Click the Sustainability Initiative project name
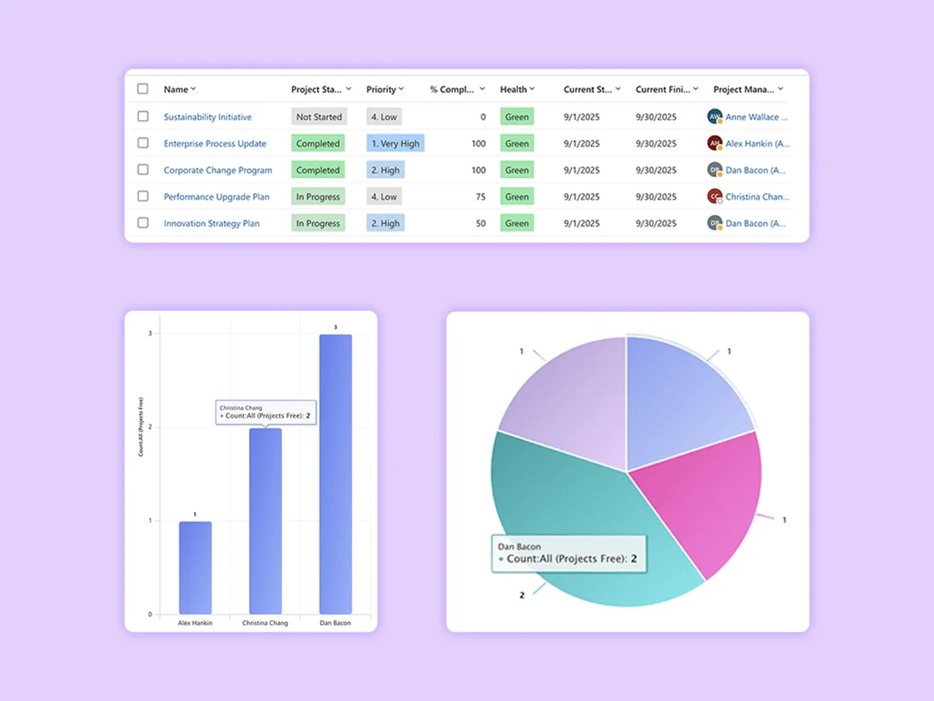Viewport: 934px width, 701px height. pyautogui.click(x=207, y=117)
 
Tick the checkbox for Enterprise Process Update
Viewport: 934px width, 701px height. pyautogui.click(x=142, y=143)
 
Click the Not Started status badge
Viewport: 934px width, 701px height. pyautogui.click(x=319, y=117)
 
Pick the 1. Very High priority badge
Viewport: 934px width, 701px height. pyautogui.click(x=395, y=143)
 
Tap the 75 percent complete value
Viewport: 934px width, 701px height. pyautogui.click(x=480, y=197)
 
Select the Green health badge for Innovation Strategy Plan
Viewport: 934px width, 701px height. pyautogui.click(x=516, y=223)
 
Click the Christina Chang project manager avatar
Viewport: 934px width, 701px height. pyautogui.click(x=715, y=196)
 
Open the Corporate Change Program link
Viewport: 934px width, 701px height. pyautogui.click(x=217, y=170)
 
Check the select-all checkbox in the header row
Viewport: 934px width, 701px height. pyautogui.click(x=142, y=89)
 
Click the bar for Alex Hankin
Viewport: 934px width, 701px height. pyautogui.click(x=195, y=567)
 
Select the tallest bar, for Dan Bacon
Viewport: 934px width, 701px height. pyautogui.click(x=335, y=474)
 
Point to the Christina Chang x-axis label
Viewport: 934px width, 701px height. pyautogui.click(x=265, y=624)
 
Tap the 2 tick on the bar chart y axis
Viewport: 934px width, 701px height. pyautogui.click(x=151, y=428)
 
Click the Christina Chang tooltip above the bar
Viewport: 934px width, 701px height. pyautogui.click(x=266, y=412)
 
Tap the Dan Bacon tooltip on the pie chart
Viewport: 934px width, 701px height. pyautogui.click(x=567, y=553)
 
